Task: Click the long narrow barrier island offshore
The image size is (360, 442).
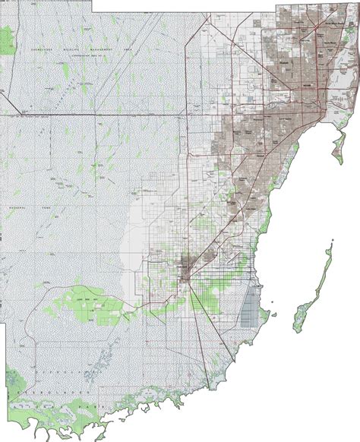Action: pyautogui.click(x=317, y=288)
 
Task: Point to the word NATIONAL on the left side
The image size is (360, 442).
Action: pyautogui.click(x=12, y=185)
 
